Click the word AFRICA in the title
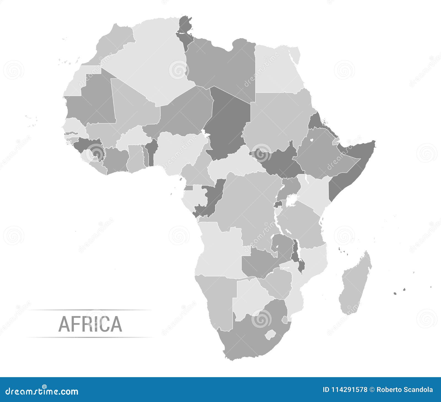click(x=90, y=324)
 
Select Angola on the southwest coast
click(x=220, y=254)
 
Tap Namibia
click(x=218, y=298)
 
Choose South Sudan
click(x=278, y=163)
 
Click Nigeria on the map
click(x=179, y=149)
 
